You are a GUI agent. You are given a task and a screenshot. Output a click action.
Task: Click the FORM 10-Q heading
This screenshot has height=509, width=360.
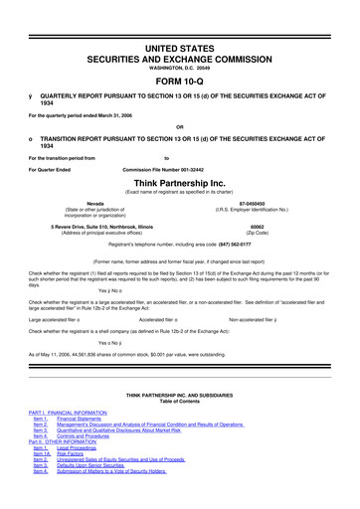pos(180,55)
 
